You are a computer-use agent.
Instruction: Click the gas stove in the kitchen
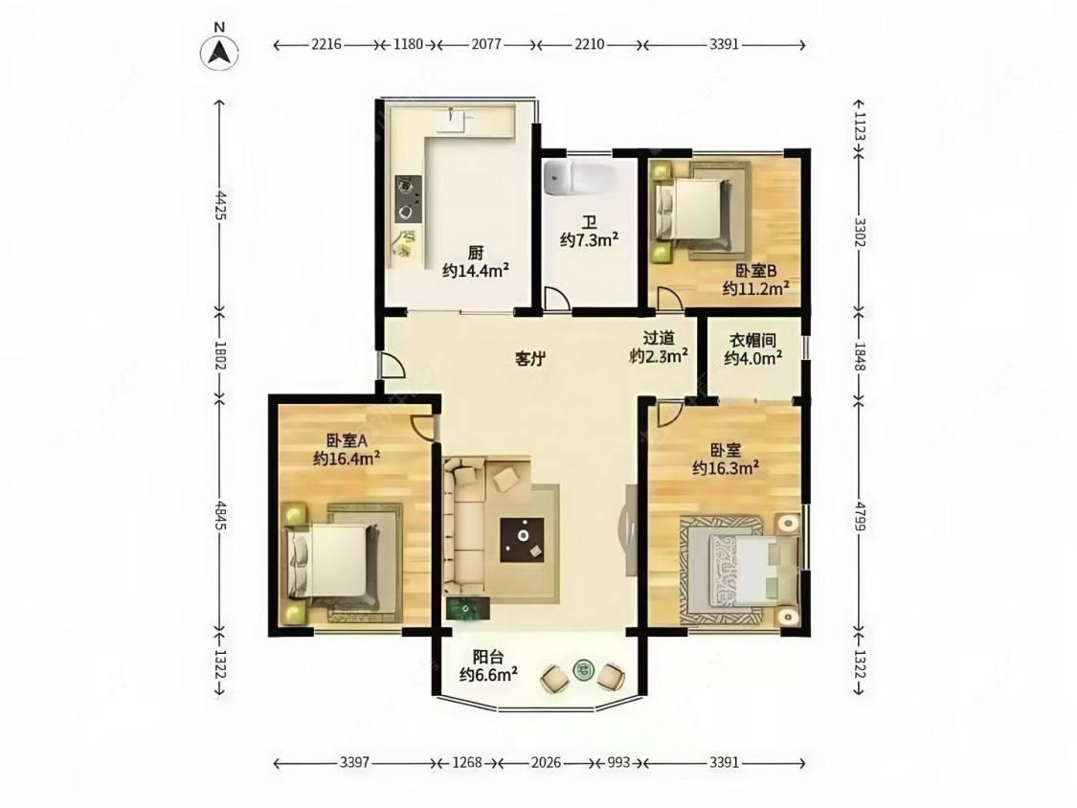[x=408, y=198]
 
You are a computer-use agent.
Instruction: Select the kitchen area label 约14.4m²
[x=475, y=270]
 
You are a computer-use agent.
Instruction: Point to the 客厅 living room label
[x=530, y=358]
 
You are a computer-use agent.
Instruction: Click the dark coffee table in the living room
[x=522, y=540]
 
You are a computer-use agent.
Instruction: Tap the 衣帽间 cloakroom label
[x=752, y=341]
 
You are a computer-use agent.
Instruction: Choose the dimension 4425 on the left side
[x=220, y=205]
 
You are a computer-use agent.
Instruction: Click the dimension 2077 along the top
[x=486, y=45]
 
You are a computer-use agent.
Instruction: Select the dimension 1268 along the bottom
[x=467, y=763]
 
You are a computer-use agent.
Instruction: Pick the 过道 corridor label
[x=659, y=338]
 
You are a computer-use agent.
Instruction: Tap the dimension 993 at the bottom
[x=618, y=763]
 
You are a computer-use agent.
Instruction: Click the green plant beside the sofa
[x=468, y=609]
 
